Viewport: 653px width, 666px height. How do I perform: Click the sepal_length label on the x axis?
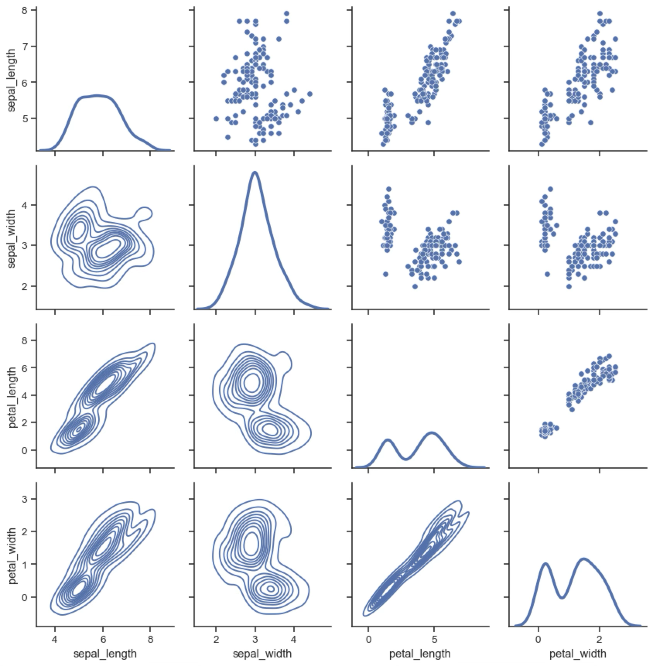point(105,654)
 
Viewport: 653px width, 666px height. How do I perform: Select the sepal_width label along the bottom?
point(262,654)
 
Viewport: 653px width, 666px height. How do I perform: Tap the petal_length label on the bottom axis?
point(420,654)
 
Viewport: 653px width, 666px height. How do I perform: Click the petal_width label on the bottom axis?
point(578,654)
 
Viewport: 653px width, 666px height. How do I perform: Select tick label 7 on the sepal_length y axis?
point(24,46)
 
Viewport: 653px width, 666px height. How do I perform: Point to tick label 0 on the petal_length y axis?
point(24,450)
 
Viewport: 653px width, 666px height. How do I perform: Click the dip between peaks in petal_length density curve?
point(405,459)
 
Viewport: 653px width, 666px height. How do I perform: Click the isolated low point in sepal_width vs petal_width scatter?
point(547,274)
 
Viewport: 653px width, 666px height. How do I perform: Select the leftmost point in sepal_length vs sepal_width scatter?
point(216,118)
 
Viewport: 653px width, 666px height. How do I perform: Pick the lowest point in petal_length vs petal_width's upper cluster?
point(572,409)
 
